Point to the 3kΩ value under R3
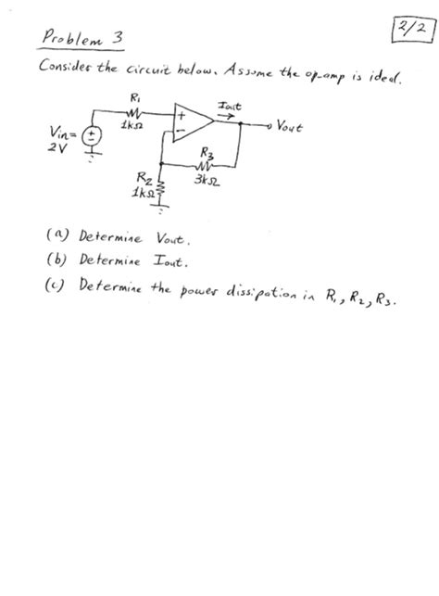coord(206,177)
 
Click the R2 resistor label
coord(144,174)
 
